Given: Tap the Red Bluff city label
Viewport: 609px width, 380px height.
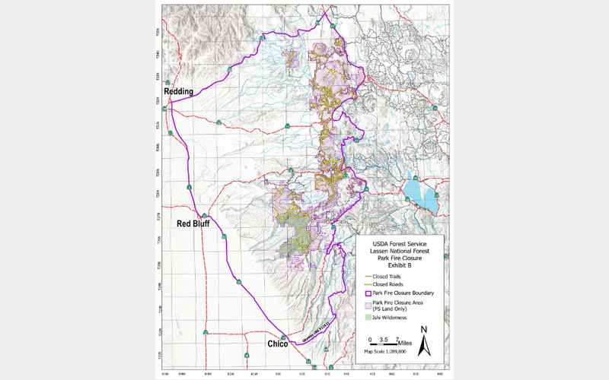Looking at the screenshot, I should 194,224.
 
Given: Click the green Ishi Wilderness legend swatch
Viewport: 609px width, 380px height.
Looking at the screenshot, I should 368,317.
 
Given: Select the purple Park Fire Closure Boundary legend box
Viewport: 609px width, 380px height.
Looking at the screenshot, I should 368,293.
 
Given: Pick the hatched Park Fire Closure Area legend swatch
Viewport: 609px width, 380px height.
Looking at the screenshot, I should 368,304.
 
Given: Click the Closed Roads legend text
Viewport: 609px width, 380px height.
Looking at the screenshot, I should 390,283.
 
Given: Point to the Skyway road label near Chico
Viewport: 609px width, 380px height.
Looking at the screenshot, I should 314,332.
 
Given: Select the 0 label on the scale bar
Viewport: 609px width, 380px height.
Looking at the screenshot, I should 369,338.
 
